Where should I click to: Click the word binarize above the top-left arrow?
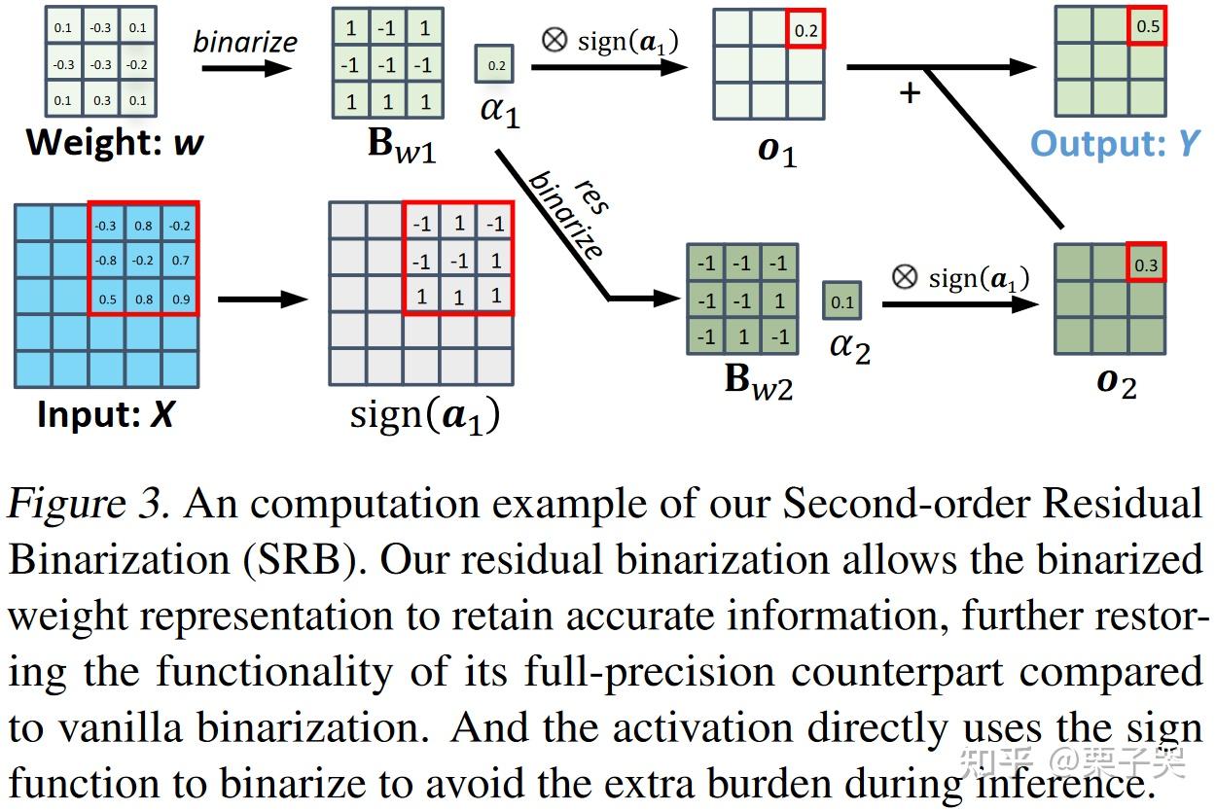tap(245, 42)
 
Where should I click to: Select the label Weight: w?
tap(115, 143)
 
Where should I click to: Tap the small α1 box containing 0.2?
tap(494, 65)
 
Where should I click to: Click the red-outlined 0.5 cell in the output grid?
tap(1148, 26)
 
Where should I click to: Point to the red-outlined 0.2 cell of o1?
tap(806, 30)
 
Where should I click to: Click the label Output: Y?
tap(1115, 144)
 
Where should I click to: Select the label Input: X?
tap(105, 415)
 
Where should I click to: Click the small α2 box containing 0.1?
tap(841, 301)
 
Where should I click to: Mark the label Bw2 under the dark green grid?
tap(759, 382)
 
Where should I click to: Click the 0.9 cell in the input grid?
tap(181, 299)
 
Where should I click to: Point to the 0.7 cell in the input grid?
tap(181, 261)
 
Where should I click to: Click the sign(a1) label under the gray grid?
tap(425, 415)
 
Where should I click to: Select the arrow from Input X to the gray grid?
tap(262, 299)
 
